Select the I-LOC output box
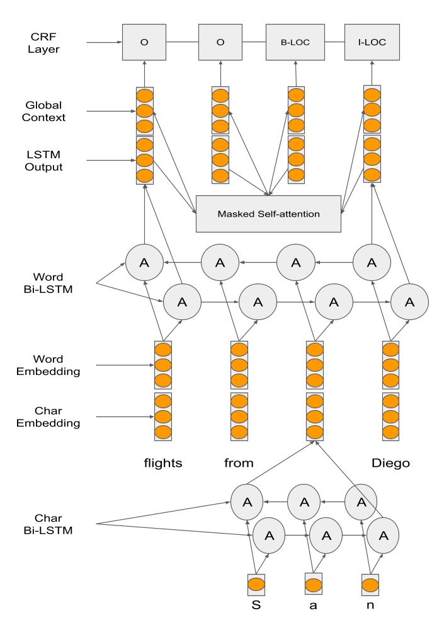372,42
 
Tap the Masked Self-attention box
269,214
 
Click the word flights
163,463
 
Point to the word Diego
391,463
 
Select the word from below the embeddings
239,463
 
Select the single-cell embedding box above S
256,583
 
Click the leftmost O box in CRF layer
144,42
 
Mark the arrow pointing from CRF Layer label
104,42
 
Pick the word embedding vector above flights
163,365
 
